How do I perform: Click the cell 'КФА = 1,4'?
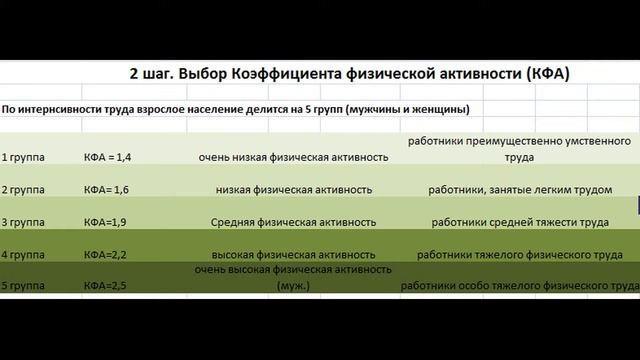pyautogui.click(x=107, y=157)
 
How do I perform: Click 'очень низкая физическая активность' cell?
pyautogui.click(x=294, y=157)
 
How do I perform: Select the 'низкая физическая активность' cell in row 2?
pyautogui.click(x=294, y=189)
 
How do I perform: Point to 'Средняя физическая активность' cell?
pyautogui.click(x=294, y=221)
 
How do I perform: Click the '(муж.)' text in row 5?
pyautogui.click(x=294, y=286)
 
